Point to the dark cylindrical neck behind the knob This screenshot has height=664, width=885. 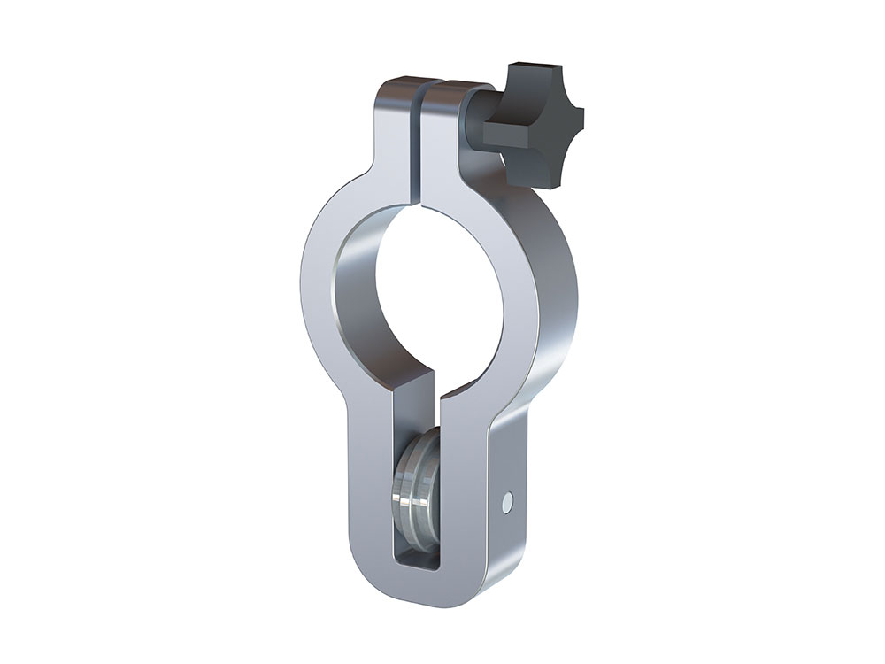point(479,124)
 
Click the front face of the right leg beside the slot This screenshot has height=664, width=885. point(464,496)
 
